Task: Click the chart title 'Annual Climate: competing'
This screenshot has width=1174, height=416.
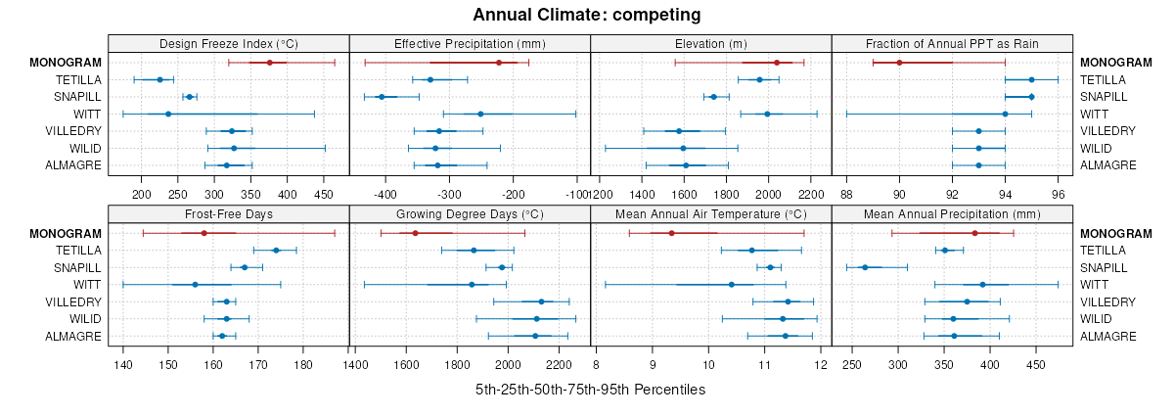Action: pos(586,15)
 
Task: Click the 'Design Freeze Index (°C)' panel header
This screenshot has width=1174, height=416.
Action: pos(228,43)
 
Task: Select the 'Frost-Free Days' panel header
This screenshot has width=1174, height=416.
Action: pos(228,214)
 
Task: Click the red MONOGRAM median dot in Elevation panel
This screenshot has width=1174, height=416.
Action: pos(777,63)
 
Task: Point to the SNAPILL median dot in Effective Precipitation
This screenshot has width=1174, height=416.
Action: pos(382,97)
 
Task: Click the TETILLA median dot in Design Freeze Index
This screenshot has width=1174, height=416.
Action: pos(160,79)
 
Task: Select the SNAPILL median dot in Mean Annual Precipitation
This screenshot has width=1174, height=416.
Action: pos(864,267)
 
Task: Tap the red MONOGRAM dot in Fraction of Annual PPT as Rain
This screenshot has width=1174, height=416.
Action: pos(899,63)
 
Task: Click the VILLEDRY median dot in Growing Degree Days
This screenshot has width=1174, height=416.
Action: pos(541,301)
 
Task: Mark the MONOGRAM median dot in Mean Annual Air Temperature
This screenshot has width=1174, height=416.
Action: pos(671,233)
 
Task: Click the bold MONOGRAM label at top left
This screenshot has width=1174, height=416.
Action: pos(67,63)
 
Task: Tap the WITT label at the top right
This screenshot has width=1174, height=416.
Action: pos(1094,114)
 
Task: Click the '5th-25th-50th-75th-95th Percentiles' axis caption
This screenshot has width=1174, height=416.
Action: pos(590,390)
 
